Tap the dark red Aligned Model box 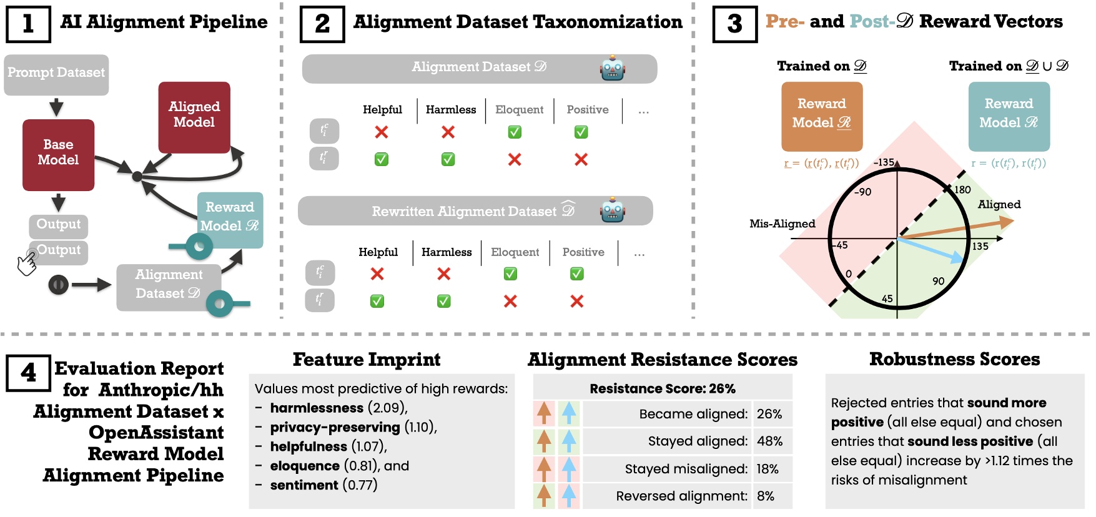tap(194, 117)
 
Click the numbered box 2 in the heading tap(322, 24)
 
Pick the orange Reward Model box tap(822, 116)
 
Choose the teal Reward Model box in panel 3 tap(1009, 116)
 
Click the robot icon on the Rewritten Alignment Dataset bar tap(612, 210)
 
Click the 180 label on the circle tap(962, 190)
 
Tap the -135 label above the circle tap(884, 162)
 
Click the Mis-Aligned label tap(782, 224)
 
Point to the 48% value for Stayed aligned tap(769, 441)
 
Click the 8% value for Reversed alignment tap(766, 496)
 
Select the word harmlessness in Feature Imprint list tap(317, 408)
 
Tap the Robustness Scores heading tap(954, 360)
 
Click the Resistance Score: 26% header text tap(663, 389)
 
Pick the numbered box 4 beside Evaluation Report tap(28, 373)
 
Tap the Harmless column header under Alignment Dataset tap(451, 110)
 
